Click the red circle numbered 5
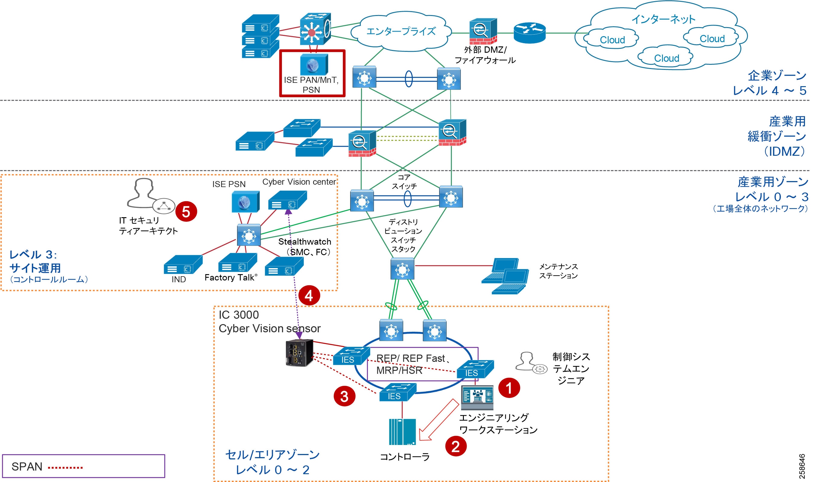click(x=186, y=212)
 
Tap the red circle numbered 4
click(x=309, y=296)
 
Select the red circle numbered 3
click(x=344, y=396)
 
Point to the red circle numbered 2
click(x=456, y=446)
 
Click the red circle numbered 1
click(x=509, y=387)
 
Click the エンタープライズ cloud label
click(x=401, y=32)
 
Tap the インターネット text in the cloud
click(x=663, y=20)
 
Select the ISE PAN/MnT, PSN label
click(x=311, y=85)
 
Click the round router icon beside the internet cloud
click(x=530, y=33)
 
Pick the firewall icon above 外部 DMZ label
click(x=483, y=32)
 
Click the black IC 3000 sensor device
click(x=299, y=353)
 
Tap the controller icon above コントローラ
click(x=402, y=432)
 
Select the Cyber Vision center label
click(x=299, y=182)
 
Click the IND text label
click(x=179, y=279)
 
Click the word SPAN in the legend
click(x=27, y=467)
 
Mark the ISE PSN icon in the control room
click(x=245, y=201)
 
